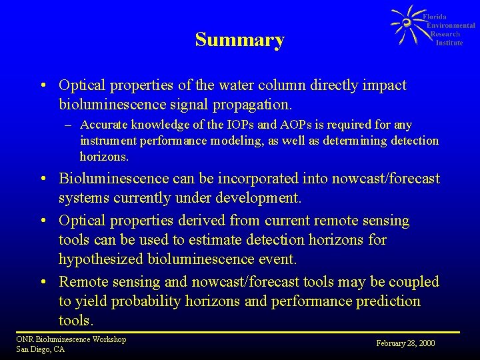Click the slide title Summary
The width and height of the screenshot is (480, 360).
pyautogui.click(x=239, y=40)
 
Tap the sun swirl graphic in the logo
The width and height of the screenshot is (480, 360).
pyautogui.click(x=405, y=24)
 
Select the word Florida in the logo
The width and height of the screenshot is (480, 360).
pyautogui.click(x=435, y=17)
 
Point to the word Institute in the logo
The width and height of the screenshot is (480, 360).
pyautogui.click(x=449, y=43)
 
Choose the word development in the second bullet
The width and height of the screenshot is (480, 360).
pyautogui.click(x=260, y=199)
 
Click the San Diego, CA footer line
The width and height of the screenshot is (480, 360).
pyautogui.click(x=40, y=349)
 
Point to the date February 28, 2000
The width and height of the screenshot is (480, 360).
pyautogui.click(x=405, y=343)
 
